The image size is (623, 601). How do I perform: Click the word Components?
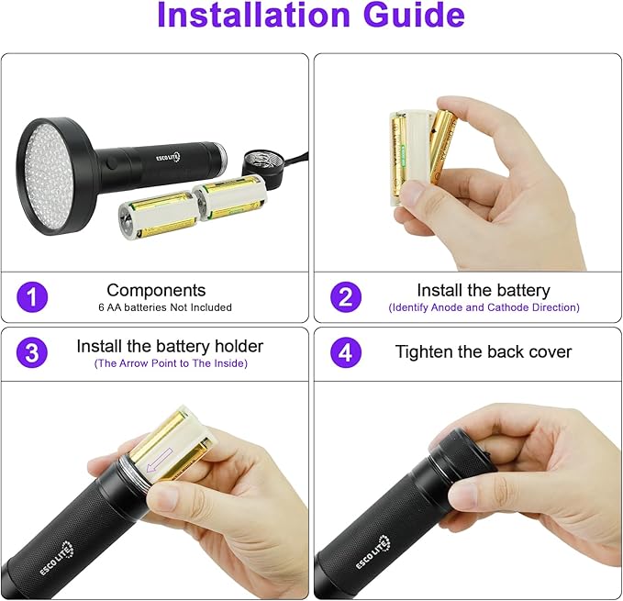coord(156,291)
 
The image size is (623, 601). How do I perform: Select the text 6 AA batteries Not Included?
coord(165,307)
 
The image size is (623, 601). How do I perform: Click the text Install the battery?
coord(484,291)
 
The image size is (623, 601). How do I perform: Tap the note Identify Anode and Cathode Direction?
coord(484,307)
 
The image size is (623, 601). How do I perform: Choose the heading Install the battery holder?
coord(170,347)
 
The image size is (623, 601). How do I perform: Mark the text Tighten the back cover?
coord(484,351)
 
